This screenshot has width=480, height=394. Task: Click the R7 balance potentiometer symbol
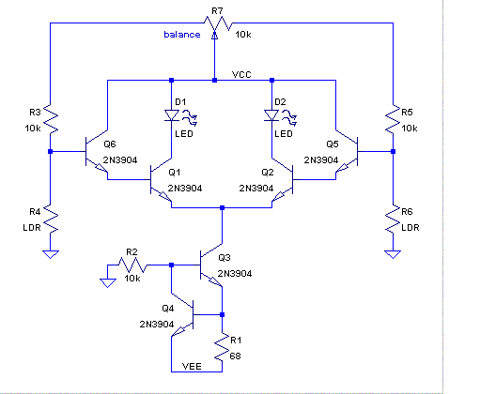pyautogui.click(x=218, y=24)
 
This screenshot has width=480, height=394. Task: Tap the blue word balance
pyautogui.click(x=182, y=35)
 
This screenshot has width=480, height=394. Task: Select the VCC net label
pyautogui.click(x=241, y=74)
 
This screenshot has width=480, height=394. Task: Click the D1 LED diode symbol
pyautogui.click(x=172, y=115)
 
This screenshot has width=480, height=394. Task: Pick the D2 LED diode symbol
pyautogui.click(x=271, y=115)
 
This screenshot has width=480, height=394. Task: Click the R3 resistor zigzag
pyautogui.click(x=50, y=120)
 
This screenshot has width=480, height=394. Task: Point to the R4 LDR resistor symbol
pyautogui.click(x=50, y=219)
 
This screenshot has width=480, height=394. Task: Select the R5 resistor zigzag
pyautogui.click(x=393, y=120)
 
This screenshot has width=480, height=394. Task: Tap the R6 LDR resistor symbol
pyautogui.click(x=393, y=219)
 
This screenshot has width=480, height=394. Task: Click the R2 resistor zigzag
pyautogui.click(x=132, y=265)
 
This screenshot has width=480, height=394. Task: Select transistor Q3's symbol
pyautogui.click(x=211, y=265)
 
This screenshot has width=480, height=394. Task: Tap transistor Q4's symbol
pyautogui.click(x=182, y=314)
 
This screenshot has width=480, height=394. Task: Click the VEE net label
pyautogui.click(x=192, y=366)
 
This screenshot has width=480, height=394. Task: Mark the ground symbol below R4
pyautogui.click(x=50, y=254)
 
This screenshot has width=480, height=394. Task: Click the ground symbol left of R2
pyautogui.click(x=108, y=283)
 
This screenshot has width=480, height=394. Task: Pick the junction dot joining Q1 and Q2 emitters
pyautogui.click(x=222, y=207)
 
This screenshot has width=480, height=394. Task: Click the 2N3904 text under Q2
pyautogui.click(x=256, y=189)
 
